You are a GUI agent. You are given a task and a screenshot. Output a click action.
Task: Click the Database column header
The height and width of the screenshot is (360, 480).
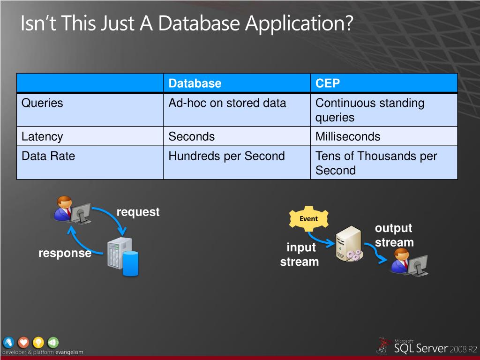195,83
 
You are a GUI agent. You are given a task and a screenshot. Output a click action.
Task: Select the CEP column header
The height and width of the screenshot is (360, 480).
328,83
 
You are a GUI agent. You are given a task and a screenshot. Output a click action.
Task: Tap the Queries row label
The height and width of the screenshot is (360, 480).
42,103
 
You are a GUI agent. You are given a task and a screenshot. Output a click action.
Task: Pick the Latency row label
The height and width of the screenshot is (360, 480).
42,137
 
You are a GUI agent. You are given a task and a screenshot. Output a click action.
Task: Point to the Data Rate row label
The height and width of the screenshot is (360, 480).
48,156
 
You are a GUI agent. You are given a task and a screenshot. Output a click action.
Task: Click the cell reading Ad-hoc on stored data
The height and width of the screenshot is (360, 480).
227,103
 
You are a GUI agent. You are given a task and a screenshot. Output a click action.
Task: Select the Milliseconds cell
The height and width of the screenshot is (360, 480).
348,137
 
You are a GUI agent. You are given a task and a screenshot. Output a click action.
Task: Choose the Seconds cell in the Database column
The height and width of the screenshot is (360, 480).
192,137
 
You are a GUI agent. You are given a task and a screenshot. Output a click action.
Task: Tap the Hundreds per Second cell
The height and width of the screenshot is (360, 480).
227,156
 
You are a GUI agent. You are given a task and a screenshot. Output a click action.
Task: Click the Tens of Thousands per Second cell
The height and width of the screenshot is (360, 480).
376,163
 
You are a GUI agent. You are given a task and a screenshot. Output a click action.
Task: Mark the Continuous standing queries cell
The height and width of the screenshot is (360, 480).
370,110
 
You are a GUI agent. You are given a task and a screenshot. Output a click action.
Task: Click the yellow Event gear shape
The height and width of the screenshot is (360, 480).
308,219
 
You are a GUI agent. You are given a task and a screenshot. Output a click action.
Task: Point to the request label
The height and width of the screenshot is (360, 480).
138,212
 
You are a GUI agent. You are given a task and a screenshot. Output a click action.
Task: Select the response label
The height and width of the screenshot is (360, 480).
65,253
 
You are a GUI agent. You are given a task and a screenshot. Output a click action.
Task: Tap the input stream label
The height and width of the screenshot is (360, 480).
300,255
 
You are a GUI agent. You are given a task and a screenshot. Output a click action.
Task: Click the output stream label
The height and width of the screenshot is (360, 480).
394,235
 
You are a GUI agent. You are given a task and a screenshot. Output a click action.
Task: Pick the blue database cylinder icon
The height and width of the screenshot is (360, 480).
130,263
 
